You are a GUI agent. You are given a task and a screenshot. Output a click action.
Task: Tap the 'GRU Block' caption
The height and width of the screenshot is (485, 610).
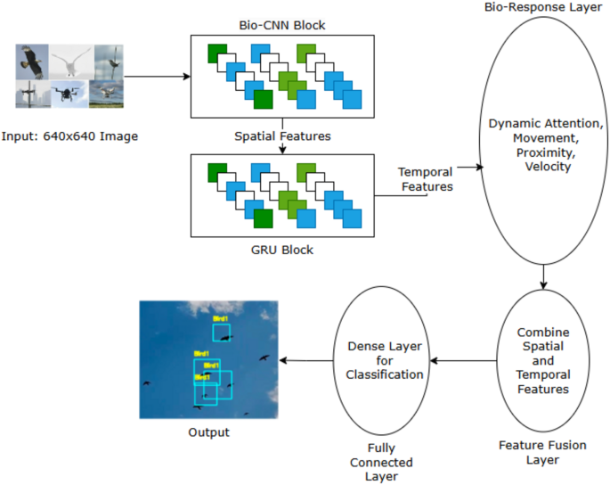pyautogui.click(x=281, y=251)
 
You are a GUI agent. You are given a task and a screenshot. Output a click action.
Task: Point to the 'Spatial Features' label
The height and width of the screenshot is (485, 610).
pyautogui.click(x=281, y=136)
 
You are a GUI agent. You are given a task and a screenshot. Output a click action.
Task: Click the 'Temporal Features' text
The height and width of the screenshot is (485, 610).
pyautogui.click(x=425, y=178)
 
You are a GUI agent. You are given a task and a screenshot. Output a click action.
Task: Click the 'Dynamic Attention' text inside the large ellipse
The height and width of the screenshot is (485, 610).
pyautogui.click(x=542, y=125)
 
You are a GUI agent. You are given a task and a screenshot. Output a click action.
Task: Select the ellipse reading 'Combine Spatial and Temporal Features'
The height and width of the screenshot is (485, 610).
pyautogui.click(x=542, y=361)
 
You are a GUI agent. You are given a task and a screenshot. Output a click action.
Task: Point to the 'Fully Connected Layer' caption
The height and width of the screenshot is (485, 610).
pyautogui.click(x=384, y=462)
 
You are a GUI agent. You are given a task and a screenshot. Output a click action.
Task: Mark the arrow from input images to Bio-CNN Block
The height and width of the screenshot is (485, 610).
pyautogui.click(x=159, y=77)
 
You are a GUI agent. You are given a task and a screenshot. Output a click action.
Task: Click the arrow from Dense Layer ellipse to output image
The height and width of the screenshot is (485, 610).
pyautogui.click(x=306, y=361)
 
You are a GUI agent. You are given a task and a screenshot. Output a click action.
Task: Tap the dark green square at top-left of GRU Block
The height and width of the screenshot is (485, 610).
pyautogui.click(x=216, y=172)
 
